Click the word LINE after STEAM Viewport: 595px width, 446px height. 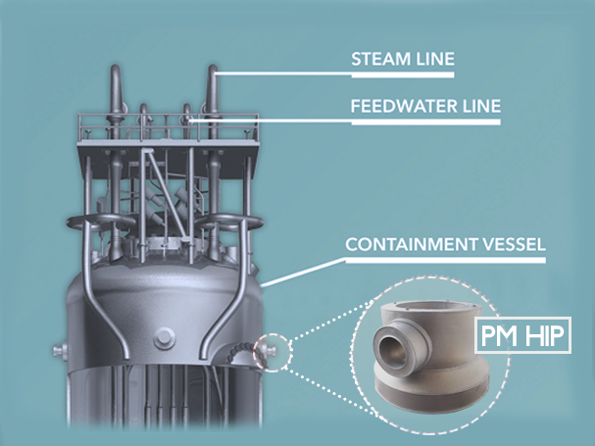click(434, 59)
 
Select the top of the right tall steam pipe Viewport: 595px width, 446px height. click(215, 71)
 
